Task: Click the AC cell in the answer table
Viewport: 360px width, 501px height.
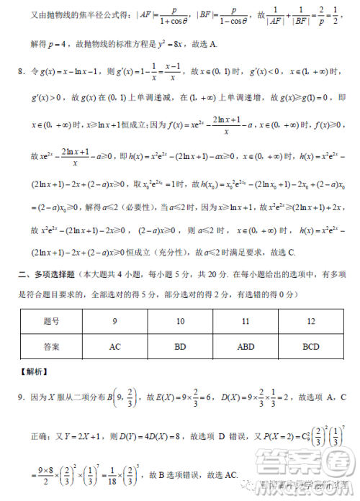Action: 114,347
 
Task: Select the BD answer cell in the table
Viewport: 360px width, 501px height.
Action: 180,347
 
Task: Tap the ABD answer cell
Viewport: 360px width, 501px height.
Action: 246,347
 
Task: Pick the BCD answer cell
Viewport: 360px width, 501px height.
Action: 311,347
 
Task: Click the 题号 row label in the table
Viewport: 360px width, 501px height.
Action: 51,322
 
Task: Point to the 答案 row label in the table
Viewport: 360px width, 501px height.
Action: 51,347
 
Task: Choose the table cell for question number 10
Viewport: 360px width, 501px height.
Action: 180,322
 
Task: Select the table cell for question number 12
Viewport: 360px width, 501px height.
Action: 311,322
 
